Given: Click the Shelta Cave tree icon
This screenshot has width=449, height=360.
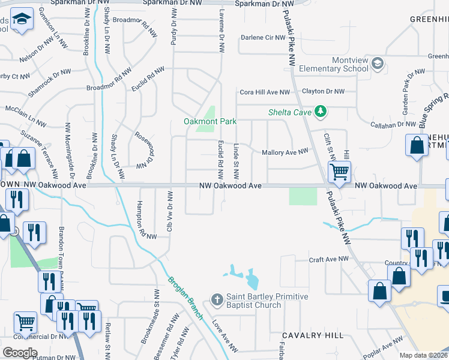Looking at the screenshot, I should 321,111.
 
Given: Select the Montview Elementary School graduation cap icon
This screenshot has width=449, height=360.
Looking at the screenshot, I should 378,63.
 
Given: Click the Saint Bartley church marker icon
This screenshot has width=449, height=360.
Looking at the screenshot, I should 217,298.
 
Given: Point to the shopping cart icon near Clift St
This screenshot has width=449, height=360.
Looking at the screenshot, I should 339,172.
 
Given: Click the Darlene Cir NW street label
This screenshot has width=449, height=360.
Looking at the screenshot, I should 262,38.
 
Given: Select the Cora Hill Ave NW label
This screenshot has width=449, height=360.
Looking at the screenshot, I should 265,92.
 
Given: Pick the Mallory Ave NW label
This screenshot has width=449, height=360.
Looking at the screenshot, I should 285,153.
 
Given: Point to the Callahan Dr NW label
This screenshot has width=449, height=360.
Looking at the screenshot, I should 394,124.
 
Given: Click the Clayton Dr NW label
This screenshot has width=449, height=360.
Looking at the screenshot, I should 323,92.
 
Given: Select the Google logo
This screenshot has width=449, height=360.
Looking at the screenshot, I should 20,353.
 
